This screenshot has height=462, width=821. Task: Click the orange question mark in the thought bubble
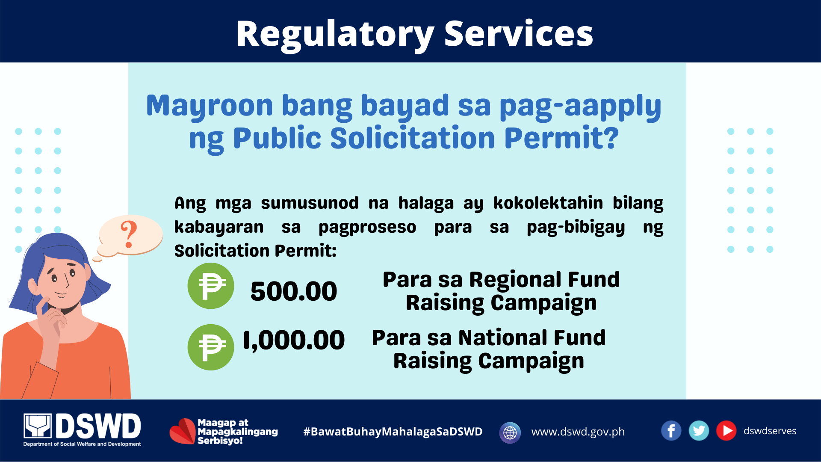click(x=129, y=234)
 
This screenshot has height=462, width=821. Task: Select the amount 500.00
click(x=294, y=291)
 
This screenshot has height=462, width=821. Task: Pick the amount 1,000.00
click(x=294, y=341)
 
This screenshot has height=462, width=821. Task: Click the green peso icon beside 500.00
click(x=211, y=286)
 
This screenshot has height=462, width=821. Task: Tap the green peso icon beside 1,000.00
click(x=211, y=347)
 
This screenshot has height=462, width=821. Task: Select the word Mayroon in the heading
click(x=210, y=107)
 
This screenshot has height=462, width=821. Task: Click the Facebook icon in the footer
click(x=671, y=431)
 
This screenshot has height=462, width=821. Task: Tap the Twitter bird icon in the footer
click(x=699, y=431)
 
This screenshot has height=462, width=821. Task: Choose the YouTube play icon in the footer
click(x=726, y=431)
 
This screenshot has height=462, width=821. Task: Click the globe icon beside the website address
click(x=510, y=432)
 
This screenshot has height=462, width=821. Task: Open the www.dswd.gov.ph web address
click(x=578, y=432)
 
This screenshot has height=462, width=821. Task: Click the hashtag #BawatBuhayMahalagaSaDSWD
click(x=393, y=432)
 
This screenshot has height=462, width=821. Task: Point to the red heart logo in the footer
click(x=183, y=431)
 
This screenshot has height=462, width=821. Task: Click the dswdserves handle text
click(x=770, y=431)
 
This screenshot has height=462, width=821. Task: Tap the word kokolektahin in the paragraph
click(x=548, y=203)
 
